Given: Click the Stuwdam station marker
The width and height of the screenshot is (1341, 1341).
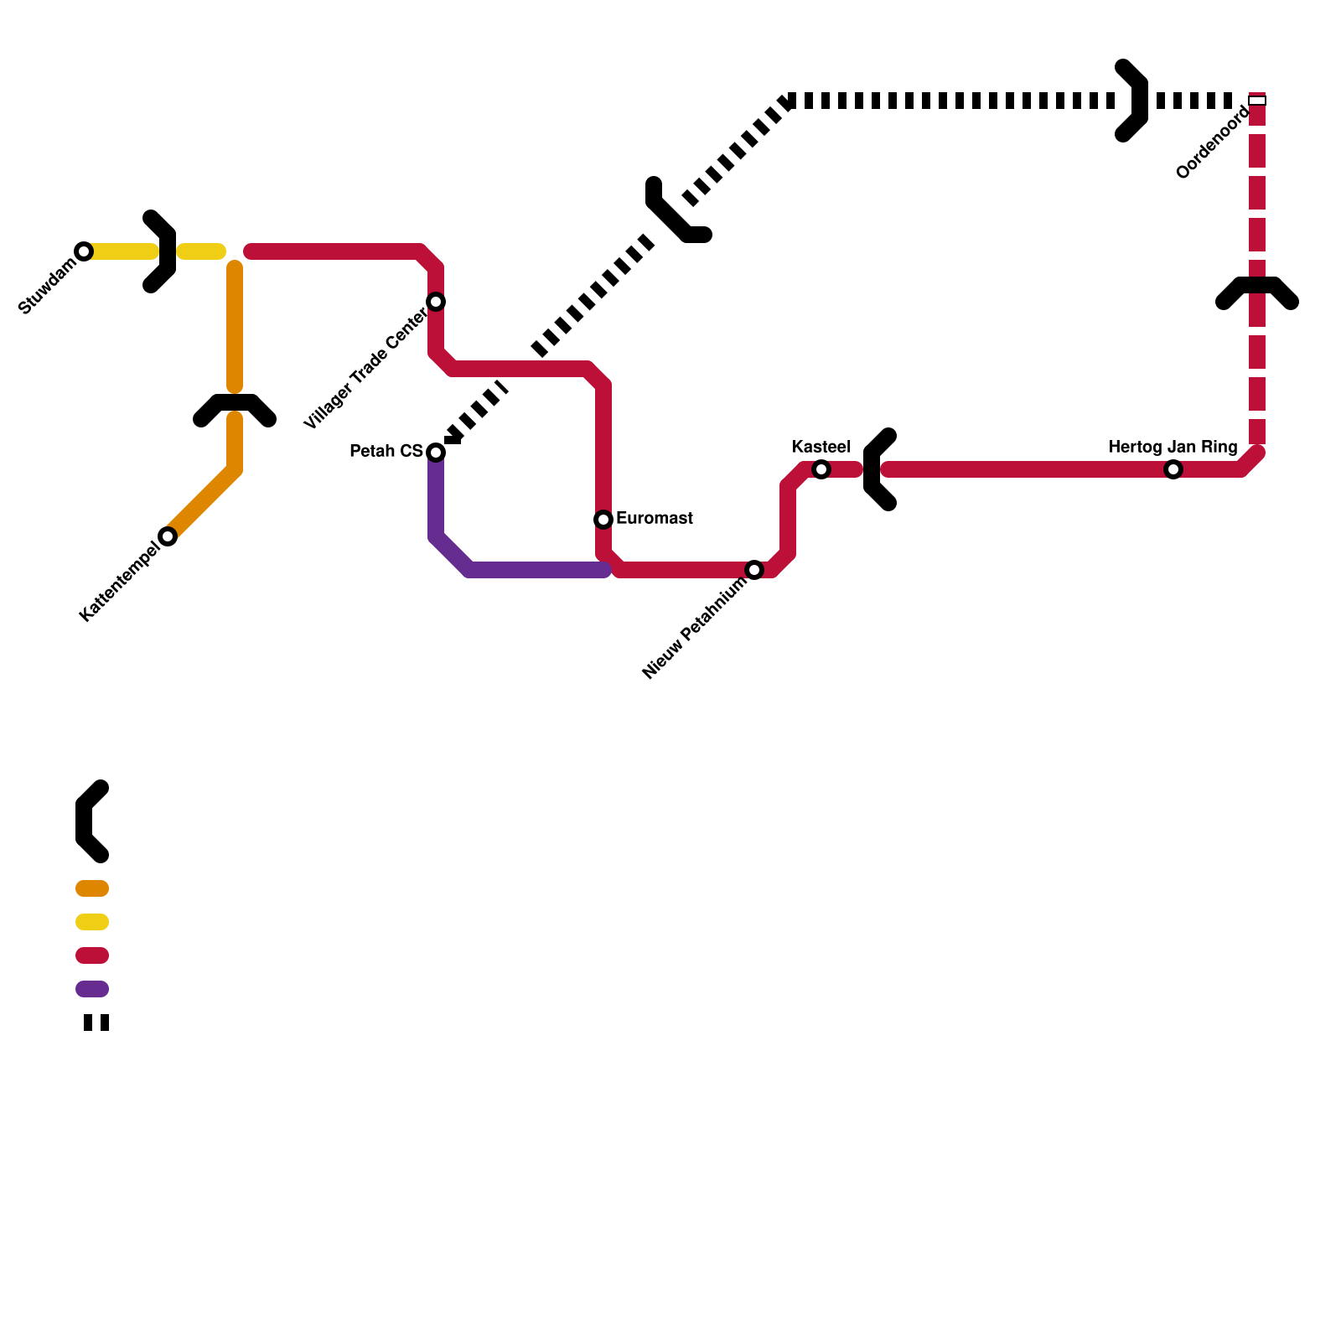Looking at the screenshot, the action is (84, 251).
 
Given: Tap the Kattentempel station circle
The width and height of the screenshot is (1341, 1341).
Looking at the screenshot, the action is (168, 536).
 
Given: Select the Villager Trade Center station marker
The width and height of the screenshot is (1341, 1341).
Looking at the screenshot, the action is (436, 302).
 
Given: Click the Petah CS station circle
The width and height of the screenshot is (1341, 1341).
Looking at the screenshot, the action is (436, 453).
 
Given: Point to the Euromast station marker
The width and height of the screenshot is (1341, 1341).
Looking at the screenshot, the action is (603, 520).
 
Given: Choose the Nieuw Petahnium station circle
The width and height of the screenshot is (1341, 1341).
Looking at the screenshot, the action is (754, 570).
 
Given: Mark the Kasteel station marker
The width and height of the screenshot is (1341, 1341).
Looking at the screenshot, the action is (821, 469).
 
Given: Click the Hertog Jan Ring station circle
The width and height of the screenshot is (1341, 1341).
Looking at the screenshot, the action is (1173, 469).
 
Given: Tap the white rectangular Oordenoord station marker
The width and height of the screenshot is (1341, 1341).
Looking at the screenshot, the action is (1257, 101).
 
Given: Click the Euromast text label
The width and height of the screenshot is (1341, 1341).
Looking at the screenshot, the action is (654, 519).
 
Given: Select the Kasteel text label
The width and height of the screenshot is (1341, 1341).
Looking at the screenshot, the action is (821, 447).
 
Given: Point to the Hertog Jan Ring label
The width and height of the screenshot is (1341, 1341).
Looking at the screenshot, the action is (1173, 447).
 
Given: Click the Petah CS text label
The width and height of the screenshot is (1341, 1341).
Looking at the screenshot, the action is (386, 452).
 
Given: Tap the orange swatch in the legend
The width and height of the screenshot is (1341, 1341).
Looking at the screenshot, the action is (92, 888).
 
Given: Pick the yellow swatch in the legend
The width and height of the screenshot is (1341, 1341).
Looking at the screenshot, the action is (92, 922).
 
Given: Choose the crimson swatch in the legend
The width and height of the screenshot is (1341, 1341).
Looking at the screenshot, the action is (92, 955).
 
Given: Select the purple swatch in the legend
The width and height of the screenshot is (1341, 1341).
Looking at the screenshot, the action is (92, 989).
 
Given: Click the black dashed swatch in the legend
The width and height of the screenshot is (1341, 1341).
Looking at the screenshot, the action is (96, 1023).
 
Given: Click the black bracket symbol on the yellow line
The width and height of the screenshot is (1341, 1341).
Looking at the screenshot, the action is (161, 251).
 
